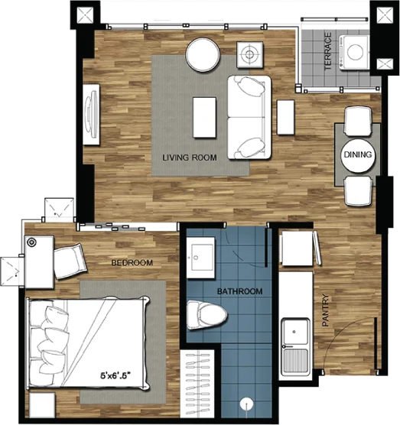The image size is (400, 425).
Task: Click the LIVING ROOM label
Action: pyautogui.click(x=190, y=157)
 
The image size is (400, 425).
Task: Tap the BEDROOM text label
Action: pyautogui.click(x=132, y=263)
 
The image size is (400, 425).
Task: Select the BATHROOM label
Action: pyautogui.click(x=239, y=291)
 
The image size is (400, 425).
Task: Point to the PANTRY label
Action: pyautogui.click(x=325, y=310)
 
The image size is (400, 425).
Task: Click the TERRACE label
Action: pyautogui.click(x=328, y=51)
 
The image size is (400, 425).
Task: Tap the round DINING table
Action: pyautogui.click(x=358, y=155)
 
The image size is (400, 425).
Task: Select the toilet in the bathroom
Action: pyautogui.click(x=207, y=315)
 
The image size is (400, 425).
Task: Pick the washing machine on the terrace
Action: pyautogui.click(x=353, y=52)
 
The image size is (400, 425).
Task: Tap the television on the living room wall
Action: pyautogui.click(x=91, y=114)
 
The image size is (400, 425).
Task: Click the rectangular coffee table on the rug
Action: pyautogui.click(x=204, y=118)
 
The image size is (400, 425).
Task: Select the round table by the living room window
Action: pyautogui.click(x=203, y=55)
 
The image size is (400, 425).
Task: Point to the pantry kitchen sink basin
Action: pyautogui.click(x=295, y=332)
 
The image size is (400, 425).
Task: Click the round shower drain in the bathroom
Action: pyautogui.click(x=246, y=404)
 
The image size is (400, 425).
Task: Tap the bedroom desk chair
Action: pyautogui.click(x=70, y=261)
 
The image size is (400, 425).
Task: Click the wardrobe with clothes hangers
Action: pyautogui.click(x=197, y=384)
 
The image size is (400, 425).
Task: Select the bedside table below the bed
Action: pyautogui.click(x=42, y=405)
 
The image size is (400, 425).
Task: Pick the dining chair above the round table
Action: pyautogui.click(x=358, y=121)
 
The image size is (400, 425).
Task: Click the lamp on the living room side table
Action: pyautogui.click(x=250, y=54)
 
